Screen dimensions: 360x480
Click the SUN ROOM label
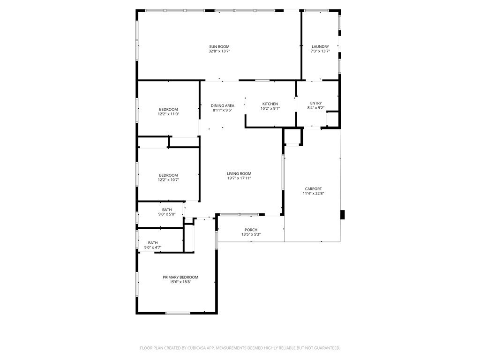[219, 46]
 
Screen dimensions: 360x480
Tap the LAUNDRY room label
[321, 46]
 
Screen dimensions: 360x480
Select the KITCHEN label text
[270, 104]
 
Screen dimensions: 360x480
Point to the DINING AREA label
[222, 106]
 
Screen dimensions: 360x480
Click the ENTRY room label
[316, 103]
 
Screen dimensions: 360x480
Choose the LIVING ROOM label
[239, 174]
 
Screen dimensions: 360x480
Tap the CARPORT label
[313, 189]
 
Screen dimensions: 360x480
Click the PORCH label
[251, 230]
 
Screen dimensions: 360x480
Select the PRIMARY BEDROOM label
[180, 277]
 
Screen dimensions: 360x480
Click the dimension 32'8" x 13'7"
[219, 51]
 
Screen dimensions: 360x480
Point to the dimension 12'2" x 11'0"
[168, 114]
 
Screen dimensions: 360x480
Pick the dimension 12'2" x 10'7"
[168, 180]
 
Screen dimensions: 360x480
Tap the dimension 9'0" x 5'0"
[167, 214]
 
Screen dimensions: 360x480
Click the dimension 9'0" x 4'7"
[153, 247]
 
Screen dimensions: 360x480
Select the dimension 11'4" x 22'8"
[313, 193]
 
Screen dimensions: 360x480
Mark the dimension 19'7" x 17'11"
[239, 178]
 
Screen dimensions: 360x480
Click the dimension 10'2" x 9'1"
[270, 108]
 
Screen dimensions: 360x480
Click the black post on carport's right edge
[342, 215]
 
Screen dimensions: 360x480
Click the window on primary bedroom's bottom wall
[178, 313]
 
